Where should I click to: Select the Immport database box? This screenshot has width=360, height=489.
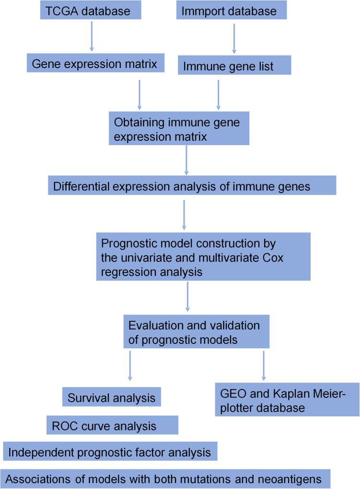232,11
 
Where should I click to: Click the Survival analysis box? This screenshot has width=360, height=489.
111,398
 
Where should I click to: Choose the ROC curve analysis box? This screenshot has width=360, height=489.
112,424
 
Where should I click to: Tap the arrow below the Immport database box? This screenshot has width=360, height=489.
233,39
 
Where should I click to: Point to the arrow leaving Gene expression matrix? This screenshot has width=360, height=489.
139,94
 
